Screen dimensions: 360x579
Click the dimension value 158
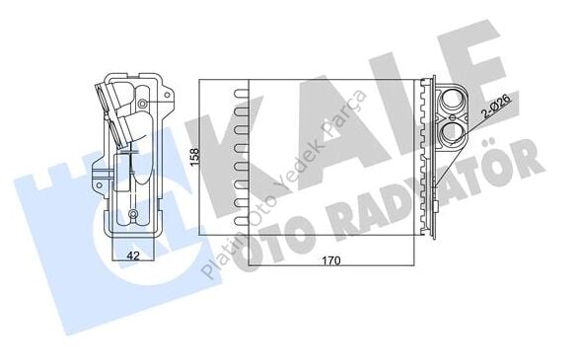pyautogui.click(x=195, y=157)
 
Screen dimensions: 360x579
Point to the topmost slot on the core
pyautogui.click(x=238, y=96)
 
